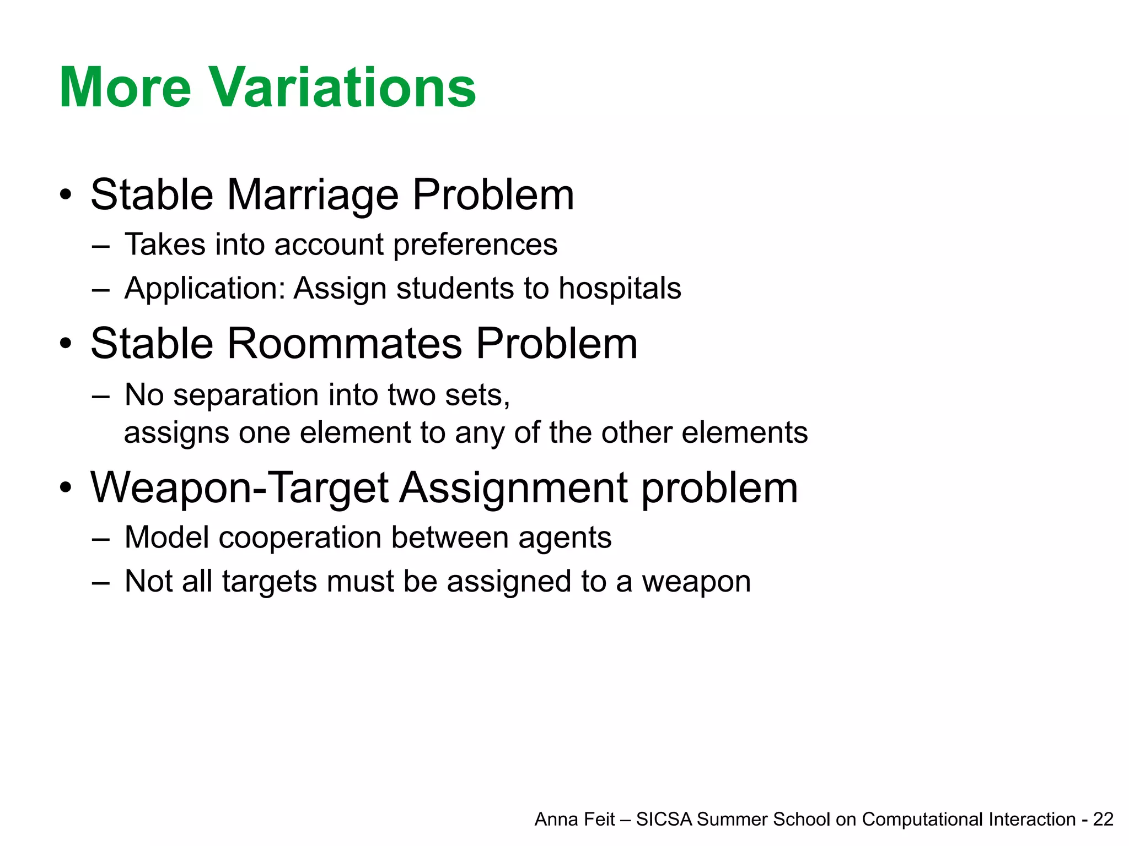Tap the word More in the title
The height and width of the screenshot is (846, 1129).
125,88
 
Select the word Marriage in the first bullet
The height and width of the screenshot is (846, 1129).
313,196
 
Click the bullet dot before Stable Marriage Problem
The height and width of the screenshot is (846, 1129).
66,195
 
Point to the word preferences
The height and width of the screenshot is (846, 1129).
475,245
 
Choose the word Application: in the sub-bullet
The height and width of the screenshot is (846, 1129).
205,289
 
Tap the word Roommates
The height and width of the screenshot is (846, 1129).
344,344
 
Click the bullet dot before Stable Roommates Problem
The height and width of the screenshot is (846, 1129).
66,344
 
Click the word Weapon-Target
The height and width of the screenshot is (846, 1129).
240,489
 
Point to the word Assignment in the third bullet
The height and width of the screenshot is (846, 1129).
513,489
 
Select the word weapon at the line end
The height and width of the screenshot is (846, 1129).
696,582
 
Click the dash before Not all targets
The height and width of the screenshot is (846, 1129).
101,583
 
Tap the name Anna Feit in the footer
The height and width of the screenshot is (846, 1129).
574,820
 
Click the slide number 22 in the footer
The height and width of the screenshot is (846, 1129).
1103,820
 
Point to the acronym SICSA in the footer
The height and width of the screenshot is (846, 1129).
664,820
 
